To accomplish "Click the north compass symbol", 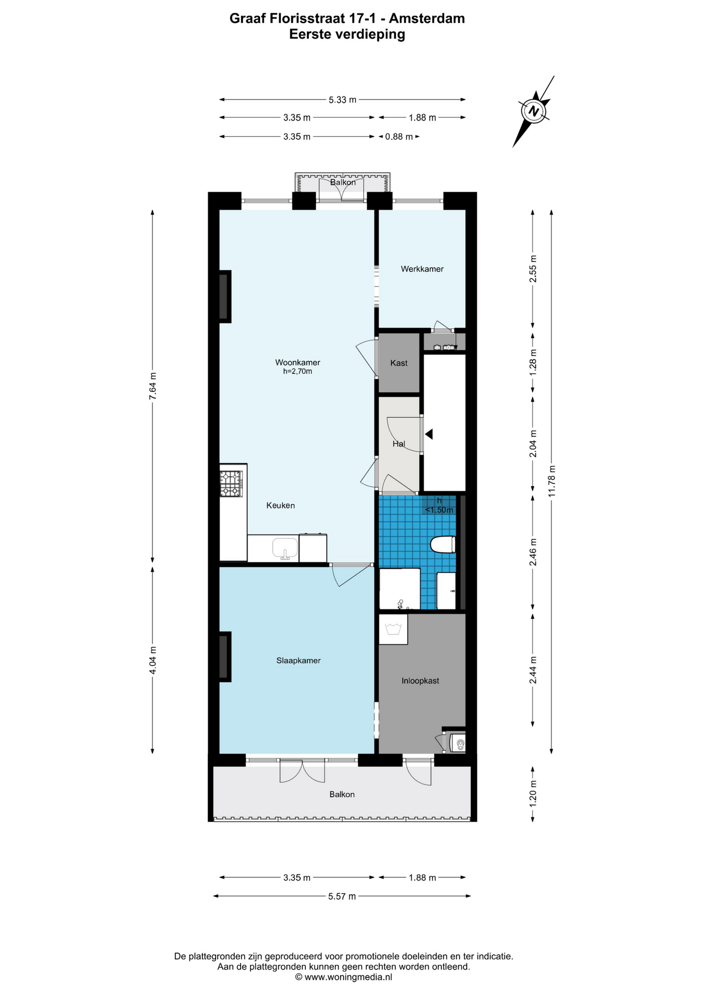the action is (534, 111).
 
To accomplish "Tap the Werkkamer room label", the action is (422, 269).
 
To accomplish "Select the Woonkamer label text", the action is (298, 362).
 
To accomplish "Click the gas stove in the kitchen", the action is (231, 483).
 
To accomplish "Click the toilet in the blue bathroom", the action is (443, 545).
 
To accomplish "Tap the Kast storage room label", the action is (399, 363).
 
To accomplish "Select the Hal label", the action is (399, 444).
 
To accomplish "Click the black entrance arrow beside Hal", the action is (429, 434).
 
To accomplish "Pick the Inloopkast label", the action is (420, 680).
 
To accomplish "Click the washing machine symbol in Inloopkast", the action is (393, 629).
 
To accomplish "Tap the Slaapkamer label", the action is (298, 660).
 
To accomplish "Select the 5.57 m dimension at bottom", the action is (342, 896).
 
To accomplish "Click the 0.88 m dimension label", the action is (399, 137).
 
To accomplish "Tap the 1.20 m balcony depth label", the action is (533, 793).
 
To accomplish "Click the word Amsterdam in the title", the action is (427, 19).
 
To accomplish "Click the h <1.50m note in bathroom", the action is (439, 505).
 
